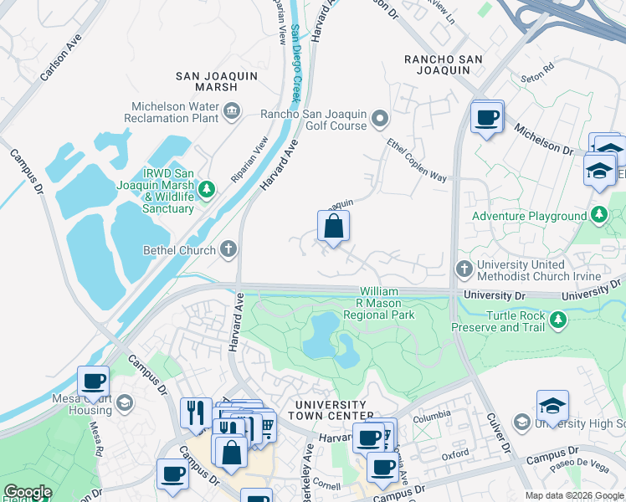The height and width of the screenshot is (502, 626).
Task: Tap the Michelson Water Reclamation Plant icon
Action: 232,110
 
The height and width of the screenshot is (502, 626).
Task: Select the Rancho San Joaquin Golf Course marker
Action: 382,117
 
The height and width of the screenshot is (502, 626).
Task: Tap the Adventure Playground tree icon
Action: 598,216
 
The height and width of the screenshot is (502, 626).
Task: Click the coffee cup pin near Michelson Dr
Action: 486,117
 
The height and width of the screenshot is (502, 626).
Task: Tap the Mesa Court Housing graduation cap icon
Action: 125,403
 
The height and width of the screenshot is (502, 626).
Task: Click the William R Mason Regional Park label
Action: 379,303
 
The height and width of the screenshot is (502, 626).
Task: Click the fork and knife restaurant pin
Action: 196,412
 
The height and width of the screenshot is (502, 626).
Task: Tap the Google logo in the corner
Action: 28,492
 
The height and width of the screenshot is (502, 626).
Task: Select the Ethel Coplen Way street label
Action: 417,161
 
